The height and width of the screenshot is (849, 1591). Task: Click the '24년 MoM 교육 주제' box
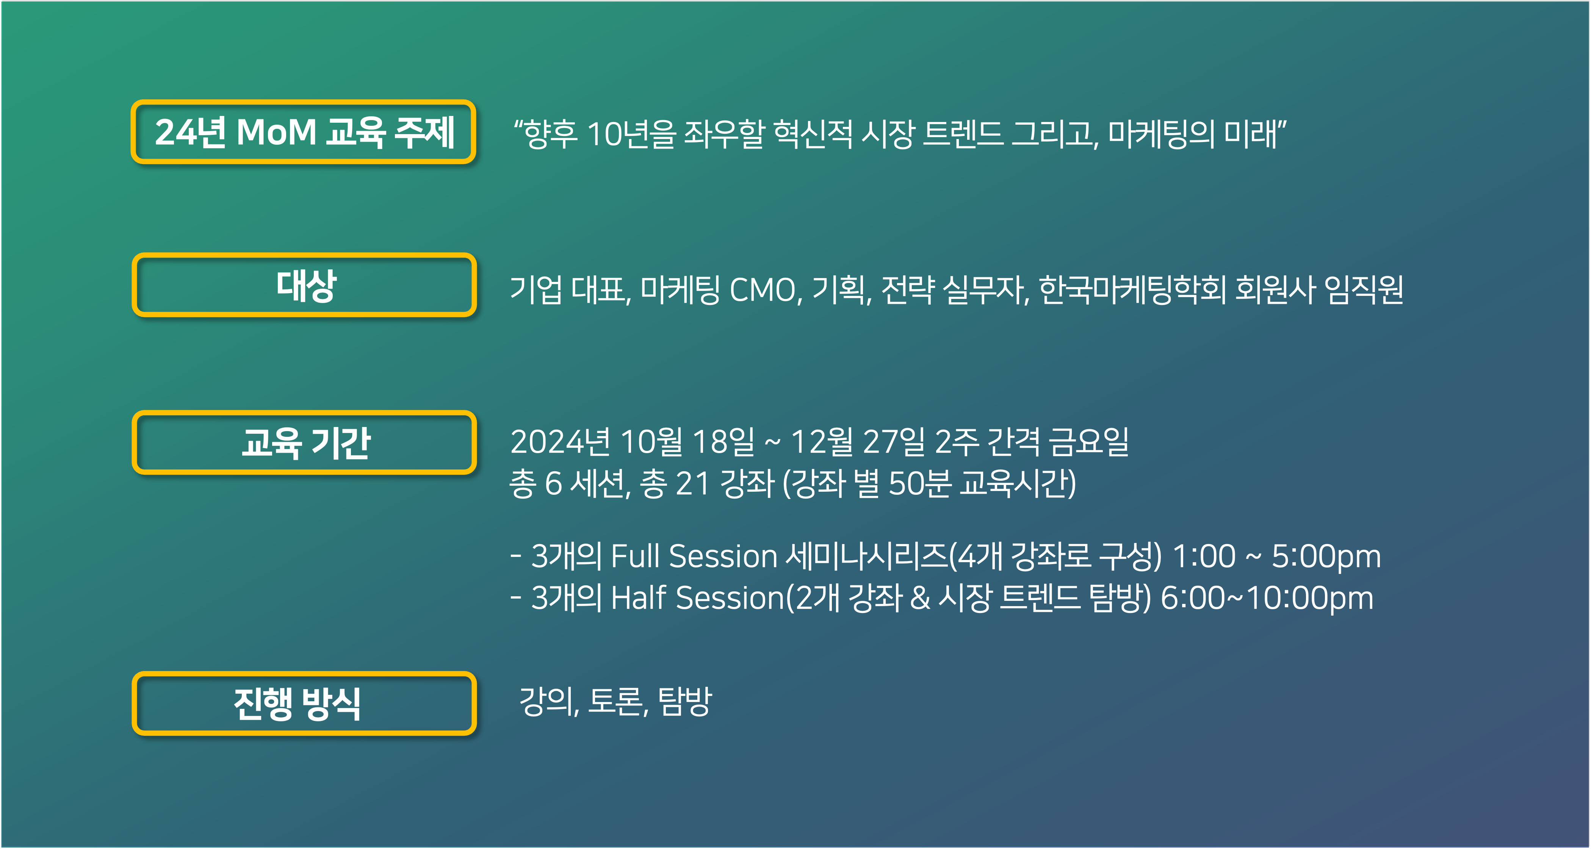(303, 131)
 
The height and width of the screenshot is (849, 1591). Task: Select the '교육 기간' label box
(304, 442)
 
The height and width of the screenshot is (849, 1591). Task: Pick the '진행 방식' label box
(304, 703)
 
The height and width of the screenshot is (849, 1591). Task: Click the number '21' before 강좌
(693, 483)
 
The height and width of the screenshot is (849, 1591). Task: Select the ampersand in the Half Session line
(920, 598)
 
